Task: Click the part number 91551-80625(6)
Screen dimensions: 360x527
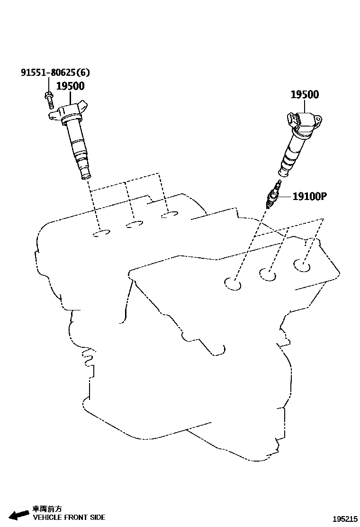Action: tap(55, 73)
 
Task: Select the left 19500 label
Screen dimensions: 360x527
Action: tap(70, 86)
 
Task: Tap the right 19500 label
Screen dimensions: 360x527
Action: tap(304, 94)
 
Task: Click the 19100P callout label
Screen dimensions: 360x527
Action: tap(310, 196)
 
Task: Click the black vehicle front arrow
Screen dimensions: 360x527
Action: tap(19, 515)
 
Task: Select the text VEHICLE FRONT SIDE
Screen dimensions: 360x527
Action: tap(69, 518)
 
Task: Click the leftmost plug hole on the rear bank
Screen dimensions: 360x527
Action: tap(101, 233)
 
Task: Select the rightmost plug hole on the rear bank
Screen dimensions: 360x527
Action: tap(169, 216)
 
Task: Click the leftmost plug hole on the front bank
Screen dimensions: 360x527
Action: tap(233, 284)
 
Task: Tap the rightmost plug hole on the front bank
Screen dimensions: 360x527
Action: tap(301, 265)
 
